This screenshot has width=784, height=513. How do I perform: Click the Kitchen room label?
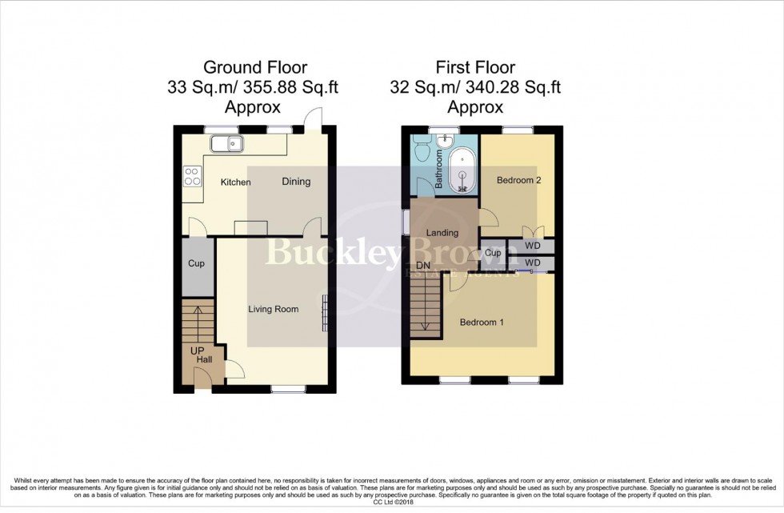click(x=235, y=182)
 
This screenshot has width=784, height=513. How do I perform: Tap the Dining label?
click(x=295, y=182)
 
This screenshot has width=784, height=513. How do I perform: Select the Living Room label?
click(x=273, y=309)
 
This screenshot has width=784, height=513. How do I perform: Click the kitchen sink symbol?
click(x=228, y=144)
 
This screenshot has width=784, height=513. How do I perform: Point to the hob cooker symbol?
click(x=193, y=175)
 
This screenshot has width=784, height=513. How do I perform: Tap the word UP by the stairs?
click(x=197, y=351)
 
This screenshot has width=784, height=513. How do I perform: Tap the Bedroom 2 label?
click(x=519, y=180)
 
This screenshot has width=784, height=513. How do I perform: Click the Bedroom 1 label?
click(x=482, y=323)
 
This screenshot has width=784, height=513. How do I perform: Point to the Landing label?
click(x=442, y=233)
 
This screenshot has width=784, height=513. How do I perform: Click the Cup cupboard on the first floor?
click(x=493, y=253)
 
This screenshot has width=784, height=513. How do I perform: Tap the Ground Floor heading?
click(x=255, y=67)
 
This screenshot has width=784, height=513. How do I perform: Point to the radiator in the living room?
click(x=325, y=312)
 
